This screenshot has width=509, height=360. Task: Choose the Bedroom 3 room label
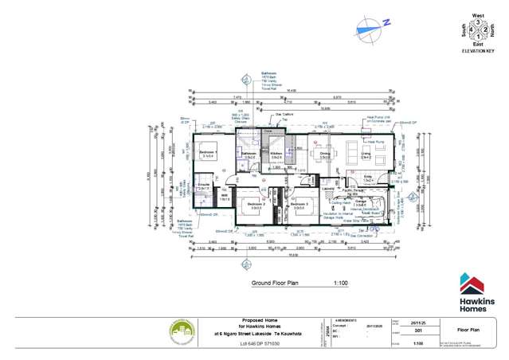tap(300, 204)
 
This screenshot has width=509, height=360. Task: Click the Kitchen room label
tap(276, 153)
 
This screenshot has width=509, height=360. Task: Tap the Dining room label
tap(324, 153)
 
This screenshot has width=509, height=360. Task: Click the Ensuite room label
tap(202, 186)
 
